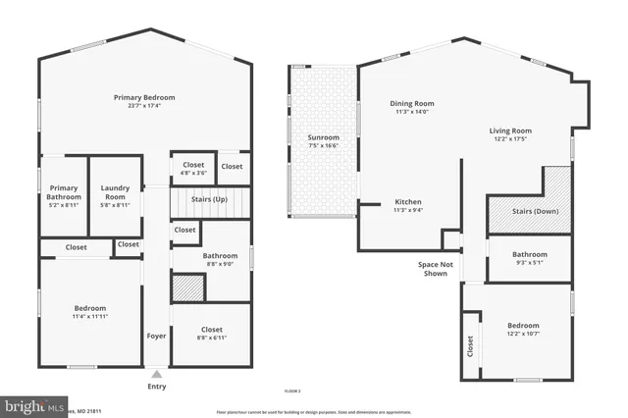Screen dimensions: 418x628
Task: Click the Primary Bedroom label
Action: [x=144, y=97]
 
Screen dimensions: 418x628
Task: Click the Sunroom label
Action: [x=323, y=137]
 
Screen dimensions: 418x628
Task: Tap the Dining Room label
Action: [x=413, y=103]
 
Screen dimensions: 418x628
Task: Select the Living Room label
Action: [x=510, y=131]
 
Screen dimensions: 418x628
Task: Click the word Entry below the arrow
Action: [x=157, y=386]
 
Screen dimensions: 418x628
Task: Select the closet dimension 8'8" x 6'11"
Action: [x=211, y=338]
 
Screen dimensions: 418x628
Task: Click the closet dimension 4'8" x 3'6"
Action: [x=193, y=173]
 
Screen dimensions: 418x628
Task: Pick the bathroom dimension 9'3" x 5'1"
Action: [x=529, y=262]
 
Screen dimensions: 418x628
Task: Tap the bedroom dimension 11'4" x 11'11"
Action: [x=89, y=316]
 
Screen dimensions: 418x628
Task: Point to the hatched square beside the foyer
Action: [x=188, y=287]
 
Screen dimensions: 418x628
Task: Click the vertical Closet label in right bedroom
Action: [x=470, y=344]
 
